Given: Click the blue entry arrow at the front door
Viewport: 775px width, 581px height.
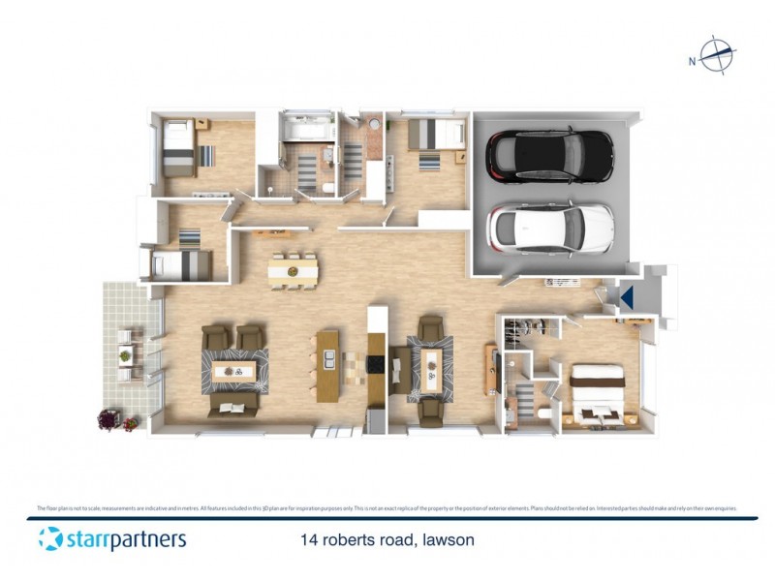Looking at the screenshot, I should coord(627,297).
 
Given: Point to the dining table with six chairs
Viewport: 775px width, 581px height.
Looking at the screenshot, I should coord(293,271).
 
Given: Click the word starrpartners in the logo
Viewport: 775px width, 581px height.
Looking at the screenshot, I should coord(126,538).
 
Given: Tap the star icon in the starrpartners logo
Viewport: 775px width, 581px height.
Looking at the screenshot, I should coord(50,538).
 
